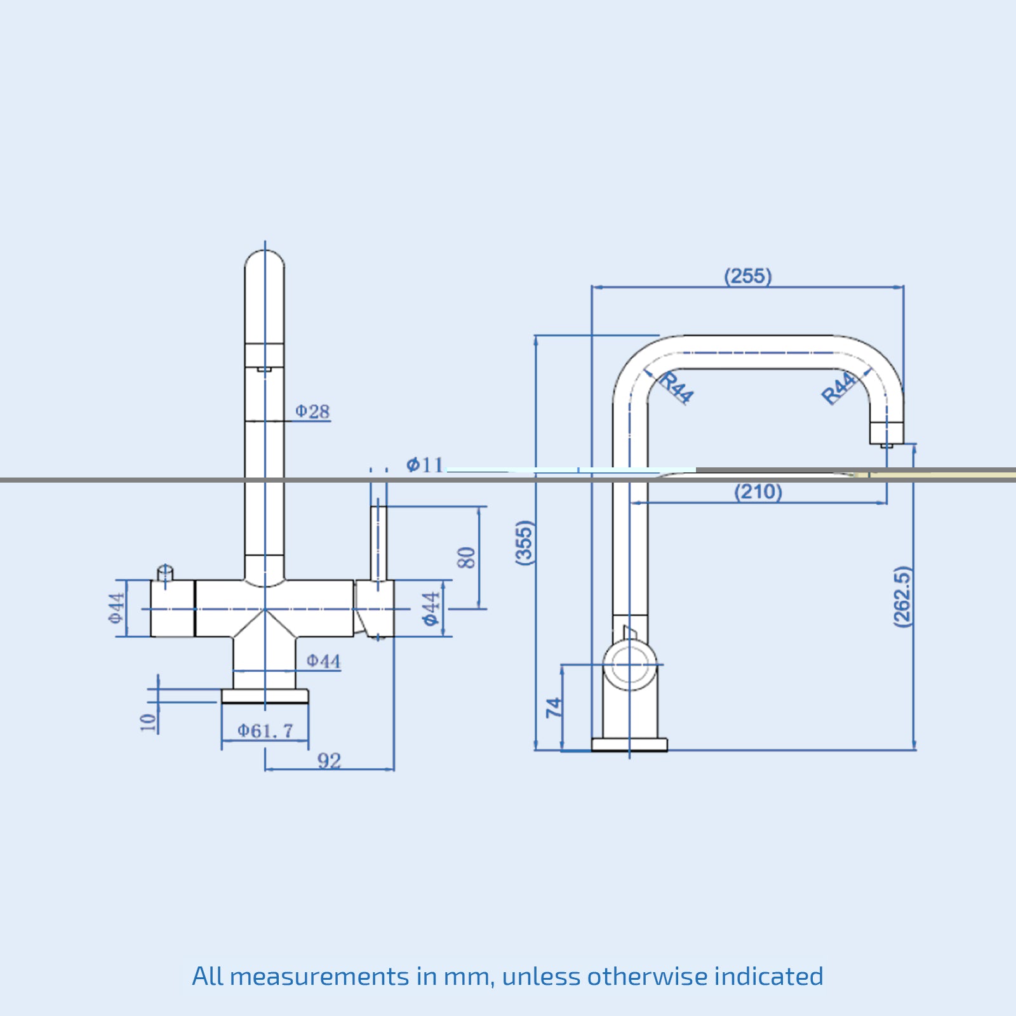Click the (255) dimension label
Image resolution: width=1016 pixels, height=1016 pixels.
tap(748, 276)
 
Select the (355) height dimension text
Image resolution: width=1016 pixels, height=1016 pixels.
tap(525, 542)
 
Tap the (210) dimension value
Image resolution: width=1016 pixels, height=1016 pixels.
tap(758, 491)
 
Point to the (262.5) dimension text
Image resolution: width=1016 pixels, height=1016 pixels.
tap(902, 597)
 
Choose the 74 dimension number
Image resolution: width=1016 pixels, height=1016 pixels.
tap(554, 707)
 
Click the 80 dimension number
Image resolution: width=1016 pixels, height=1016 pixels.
tap(466, 558)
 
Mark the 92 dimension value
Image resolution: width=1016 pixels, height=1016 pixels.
tap(329, 760)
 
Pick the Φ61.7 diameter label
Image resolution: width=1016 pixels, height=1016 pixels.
tap(265, 731)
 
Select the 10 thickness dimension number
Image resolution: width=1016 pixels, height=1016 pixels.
tap(147, 722)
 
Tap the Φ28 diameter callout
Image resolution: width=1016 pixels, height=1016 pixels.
tap(312, 411)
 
